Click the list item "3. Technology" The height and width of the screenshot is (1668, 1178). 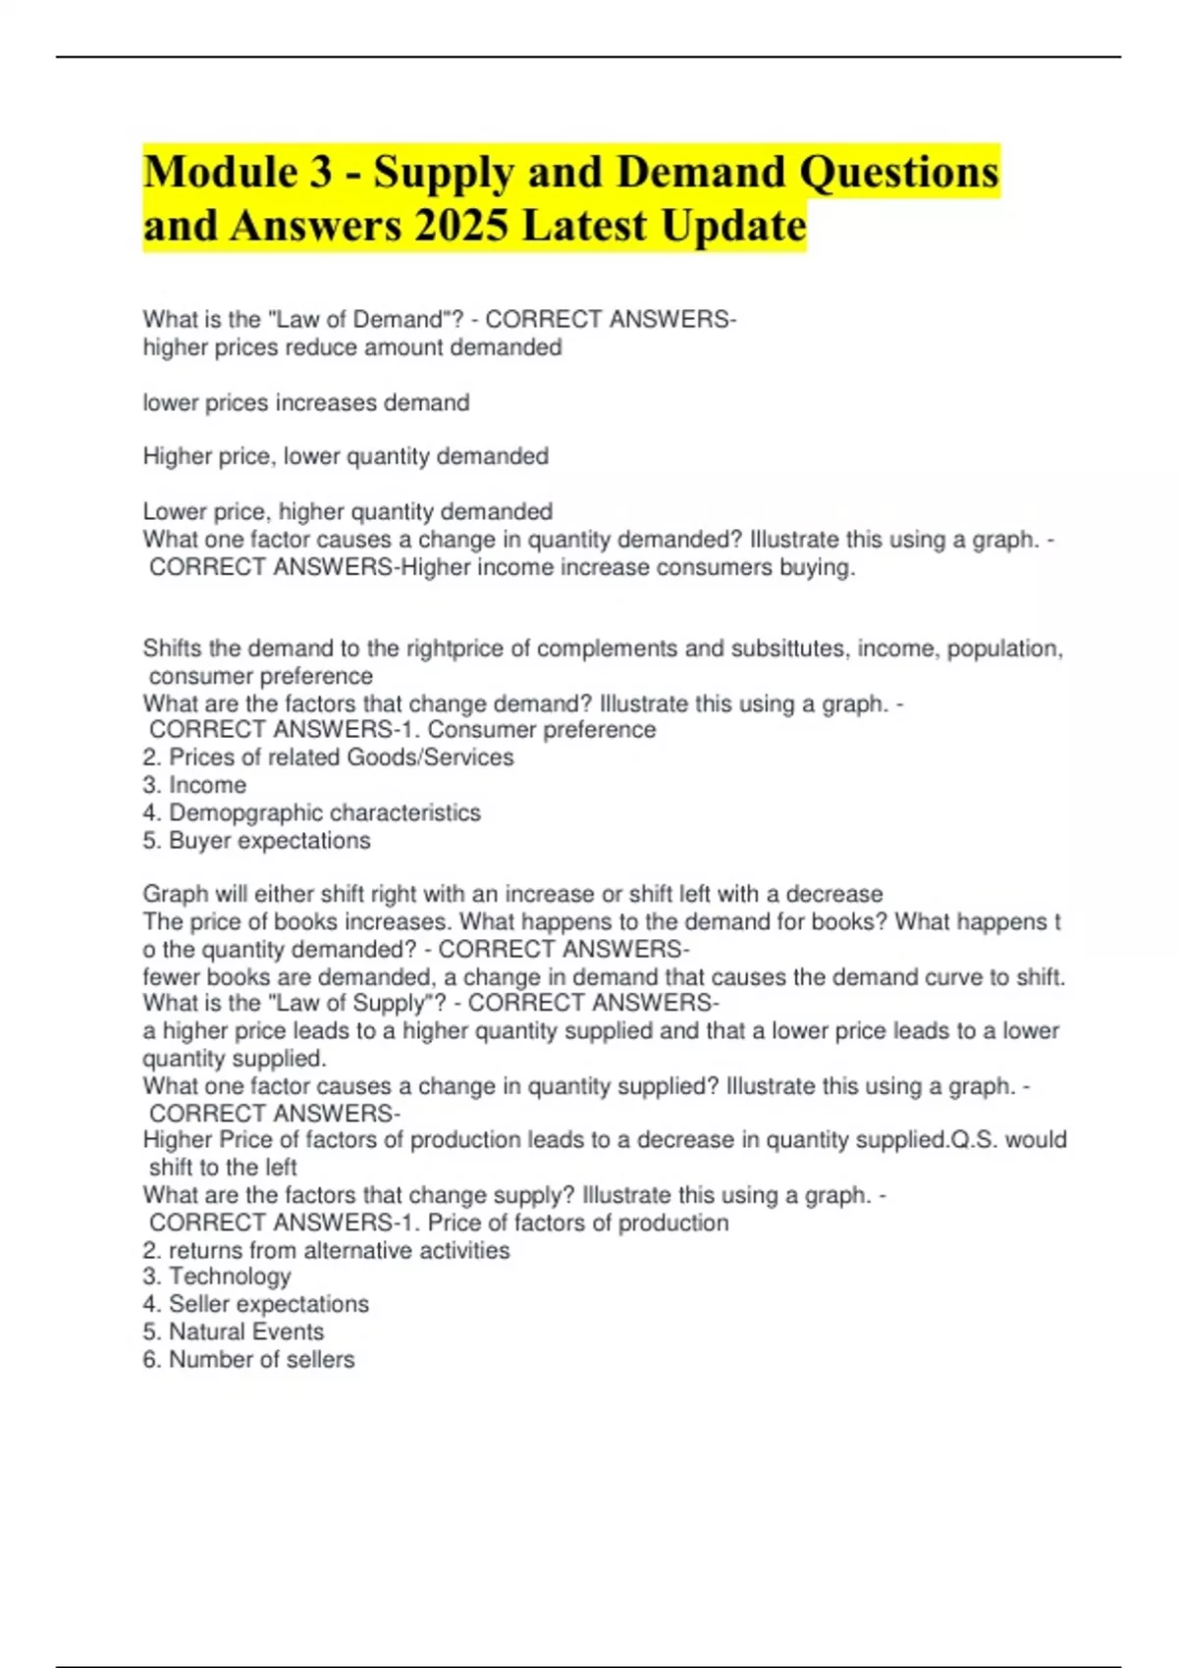pyautogui.click(x=217, y=1277)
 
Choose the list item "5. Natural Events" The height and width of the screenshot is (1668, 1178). pyautogui.click(x=234, y=1332)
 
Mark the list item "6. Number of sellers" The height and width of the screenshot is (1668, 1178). pyautogui.click(x=248, y=1360)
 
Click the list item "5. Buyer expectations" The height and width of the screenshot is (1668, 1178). pyautogui.click(x=256, y=841)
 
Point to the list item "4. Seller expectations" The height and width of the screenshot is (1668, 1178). pyautogui.click(x=255, y=1305)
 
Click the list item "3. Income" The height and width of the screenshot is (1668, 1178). pyautogui.click(x=194, y=786)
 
